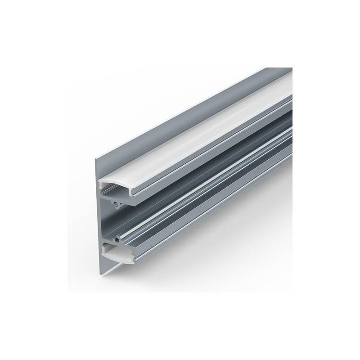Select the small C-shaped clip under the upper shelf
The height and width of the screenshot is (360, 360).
tap(118, 206)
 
